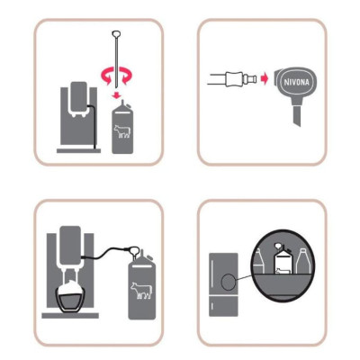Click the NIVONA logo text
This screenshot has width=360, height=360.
(296, 82)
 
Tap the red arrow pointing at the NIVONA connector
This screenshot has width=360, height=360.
(265, 80)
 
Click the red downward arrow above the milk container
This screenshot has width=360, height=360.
(117, 95)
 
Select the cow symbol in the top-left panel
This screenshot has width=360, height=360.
(122, 131)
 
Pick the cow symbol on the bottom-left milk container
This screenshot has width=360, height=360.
(141, 290)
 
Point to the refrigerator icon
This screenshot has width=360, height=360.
(223, 284)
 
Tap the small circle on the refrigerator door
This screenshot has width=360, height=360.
(228, 282)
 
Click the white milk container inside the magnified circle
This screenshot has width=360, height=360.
(283, 259)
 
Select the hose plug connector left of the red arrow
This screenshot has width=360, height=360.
(241, 79)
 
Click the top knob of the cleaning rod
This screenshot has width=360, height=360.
(116, 33)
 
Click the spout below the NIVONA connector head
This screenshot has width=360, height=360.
(296, 115)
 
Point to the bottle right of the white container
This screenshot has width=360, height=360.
(302, 260)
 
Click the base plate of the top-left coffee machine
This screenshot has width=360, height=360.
(78, 150)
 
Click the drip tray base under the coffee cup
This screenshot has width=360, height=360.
(70, 315)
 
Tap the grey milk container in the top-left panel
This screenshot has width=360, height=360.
(122, 128)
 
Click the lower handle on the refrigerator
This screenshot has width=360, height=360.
(212, 307)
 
